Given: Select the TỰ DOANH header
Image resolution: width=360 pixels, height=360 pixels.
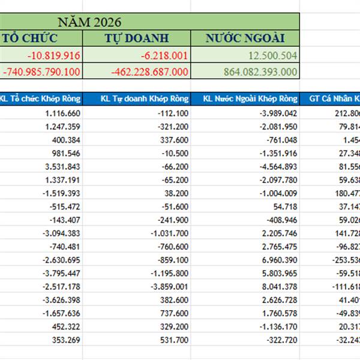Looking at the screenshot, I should pos(137,38).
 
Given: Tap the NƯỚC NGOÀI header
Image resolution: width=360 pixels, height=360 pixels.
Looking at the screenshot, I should pos(245,38).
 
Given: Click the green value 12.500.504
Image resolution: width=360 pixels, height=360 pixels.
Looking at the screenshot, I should pos(273,55).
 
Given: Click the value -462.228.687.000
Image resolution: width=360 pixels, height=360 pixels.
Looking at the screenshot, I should pos(150,71).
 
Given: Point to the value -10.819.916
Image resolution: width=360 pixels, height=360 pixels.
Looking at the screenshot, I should pos(55,55).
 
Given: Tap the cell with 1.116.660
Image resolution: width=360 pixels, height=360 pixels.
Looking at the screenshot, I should pos(62,113).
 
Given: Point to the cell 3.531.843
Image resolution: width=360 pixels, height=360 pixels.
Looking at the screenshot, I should pos(62,166).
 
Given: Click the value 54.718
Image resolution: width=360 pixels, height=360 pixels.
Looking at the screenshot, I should pos(284,206).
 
